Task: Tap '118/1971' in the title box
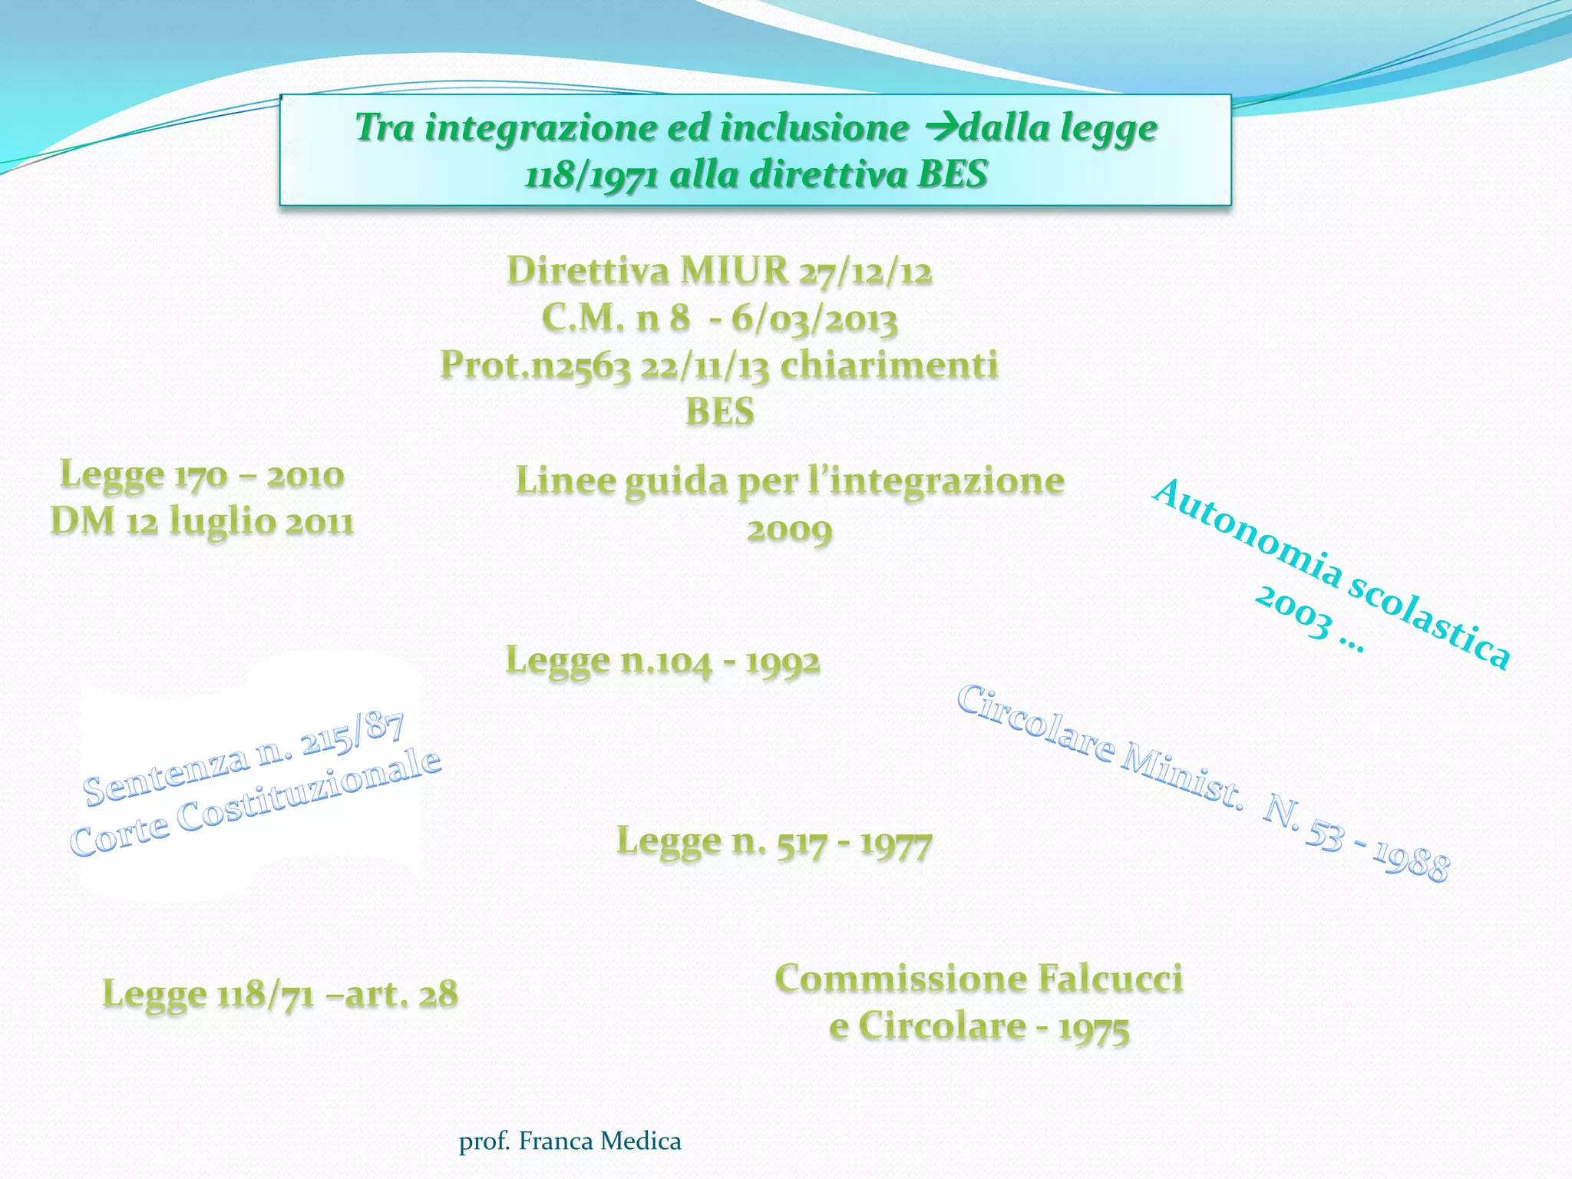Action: (591, 175)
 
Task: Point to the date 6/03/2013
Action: (814, 319)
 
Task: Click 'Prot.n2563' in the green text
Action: (535, 365)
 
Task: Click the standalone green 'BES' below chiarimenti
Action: (719, 412)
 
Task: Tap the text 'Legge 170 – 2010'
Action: (202, 474)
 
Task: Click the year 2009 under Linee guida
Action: (789, 530)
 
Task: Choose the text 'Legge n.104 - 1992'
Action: (662, 661)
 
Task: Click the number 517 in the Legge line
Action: (801, 843)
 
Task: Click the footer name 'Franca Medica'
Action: (599, 1141)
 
